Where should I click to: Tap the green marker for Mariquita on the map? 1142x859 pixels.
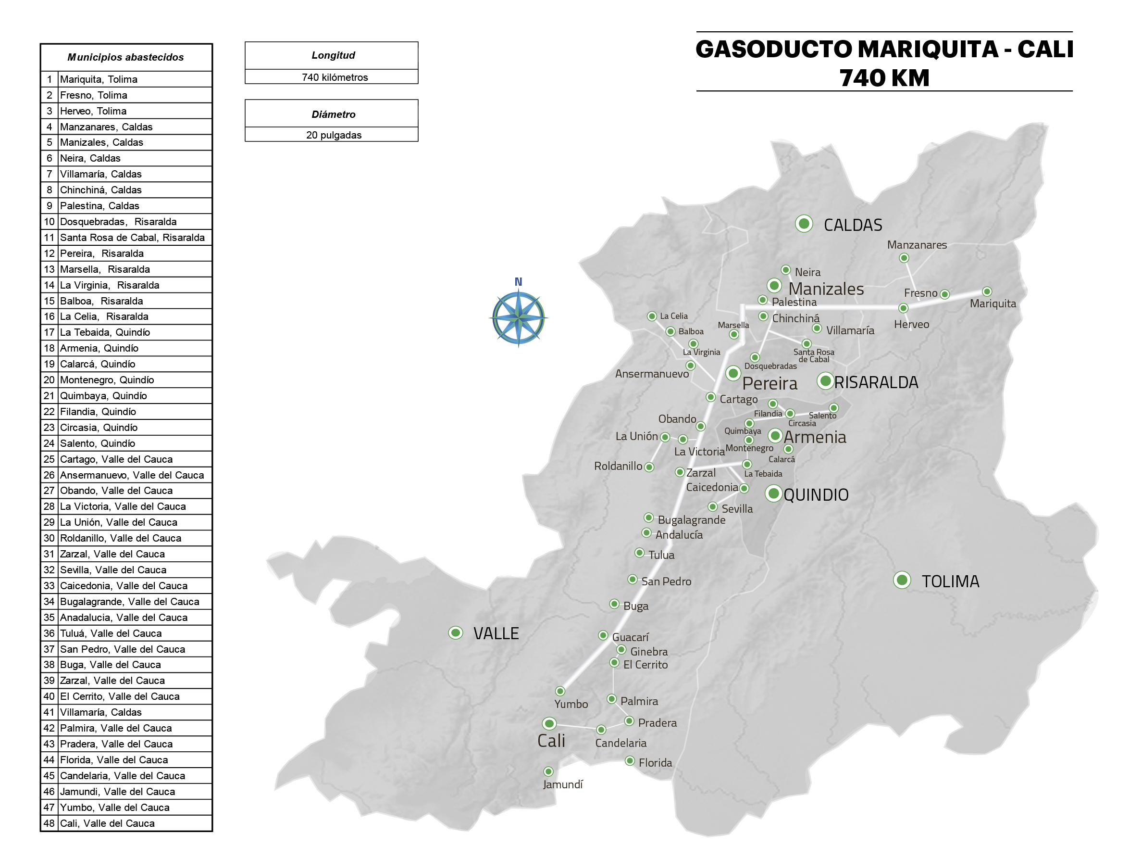click(x=987, y=292)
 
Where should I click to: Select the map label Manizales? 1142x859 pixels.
click(x=826, y=289)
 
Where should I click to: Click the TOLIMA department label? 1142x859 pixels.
click(x=950, y=581)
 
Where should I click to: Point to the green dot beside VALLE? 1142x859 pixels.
click(x=455, y=632)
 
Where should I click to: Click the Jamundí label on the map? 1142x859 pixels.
click(x=563, y=784)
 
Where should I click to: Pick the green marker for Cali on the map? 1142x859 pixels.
click(x=549, y=723)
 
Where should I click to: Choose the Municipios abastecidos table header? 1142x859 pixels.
click(x=126, y=57)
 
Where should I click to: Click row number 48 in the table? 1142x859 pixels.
click(x=49, y=823)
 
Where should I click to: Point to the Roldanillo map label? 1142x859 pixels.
click(x=618, y=466)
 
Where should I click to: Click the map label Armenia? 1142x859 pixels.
click(x=815, y=438)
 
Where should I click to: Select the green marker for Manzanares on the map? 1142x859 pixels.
click(x=904, y=258)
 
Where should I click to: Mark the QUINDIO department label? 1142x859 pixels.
click(x=816, y=495)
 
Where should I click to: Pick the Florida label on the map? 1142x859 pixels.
click(x=655, y=762)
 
